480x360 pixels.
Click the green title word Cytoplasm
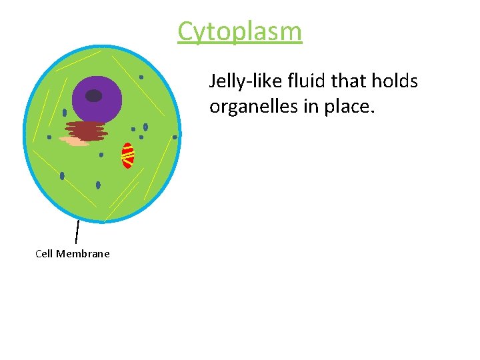pyautogui.click(x=239, y=31)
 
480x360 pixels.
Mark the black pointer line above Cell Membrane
pyautogui.click(x=77, y=231)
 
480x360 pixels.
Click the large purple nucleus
pyautogui.click(x=97, y=100)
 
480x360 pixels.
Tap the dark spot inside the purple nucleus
pyautogui.click(x=94, y=95)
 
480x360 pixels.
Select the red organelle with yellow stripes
pyautogui.click(x=127, y=155)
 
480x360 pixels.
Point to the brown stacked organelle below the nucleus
pyautogui.click(x=86, y=130)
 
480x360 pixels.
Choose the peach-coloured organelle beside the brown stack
pyautogui.click(x=74, y=141)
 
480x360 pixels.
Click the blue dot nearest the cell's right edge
pyautogui.click(x=175, y=137)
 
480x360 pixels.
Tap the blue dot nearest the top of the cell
pyautogui.click(x=141, y=77)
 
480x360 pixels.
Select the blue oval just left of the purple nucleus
pyautogui.click(x=65, y=113)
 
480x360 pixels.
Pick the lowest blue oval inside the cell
pyautogui.click(x=98, y=185)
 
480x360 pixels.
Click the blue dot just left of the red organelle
pyautogui.click(x=101, y=155)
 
